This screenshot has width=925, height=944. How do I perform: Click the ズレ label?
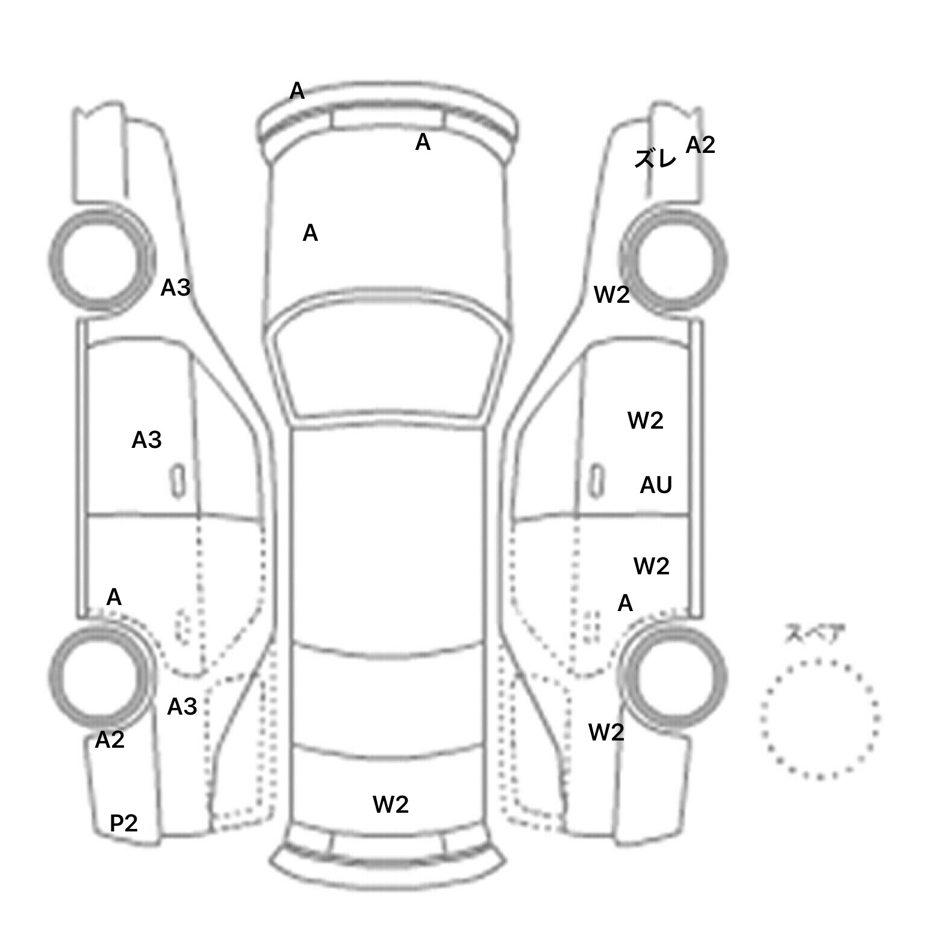click(x=655, y=158)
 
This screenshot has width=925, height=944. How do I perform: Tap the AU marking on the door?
click(x=656, y=485)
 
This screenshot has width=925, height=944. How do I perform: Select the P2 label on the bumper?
click(x=123, y=822)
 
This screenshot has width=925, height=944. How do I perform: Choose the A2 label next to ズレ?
click(x=700, y=145)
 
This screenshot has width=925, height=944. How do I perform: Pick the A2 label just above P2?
click(x=110, y=739)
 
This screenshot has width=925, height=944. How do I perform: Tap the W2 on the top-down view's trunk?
click(x=391, y=804)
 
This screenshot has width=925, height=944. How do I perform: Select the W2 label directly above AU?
click(x=646, y=420)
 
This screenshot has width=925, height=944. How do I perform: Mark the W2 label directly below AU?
click(x=652, y=566)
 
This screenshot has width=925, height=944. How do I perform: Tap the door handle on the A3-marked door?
click(x=177, y=481)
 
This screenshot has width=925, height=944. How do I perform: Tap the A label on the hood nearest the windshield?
click(x=310, y=233)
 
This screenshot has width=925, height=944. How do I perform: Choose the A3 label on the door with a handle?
click(x=146, y=440)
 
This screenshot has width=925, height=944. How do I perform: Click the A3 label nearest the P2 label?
click(x=182, y=706)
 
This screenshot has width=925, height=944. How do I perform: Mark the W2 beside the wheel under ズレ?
click(x=612, y=294)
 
